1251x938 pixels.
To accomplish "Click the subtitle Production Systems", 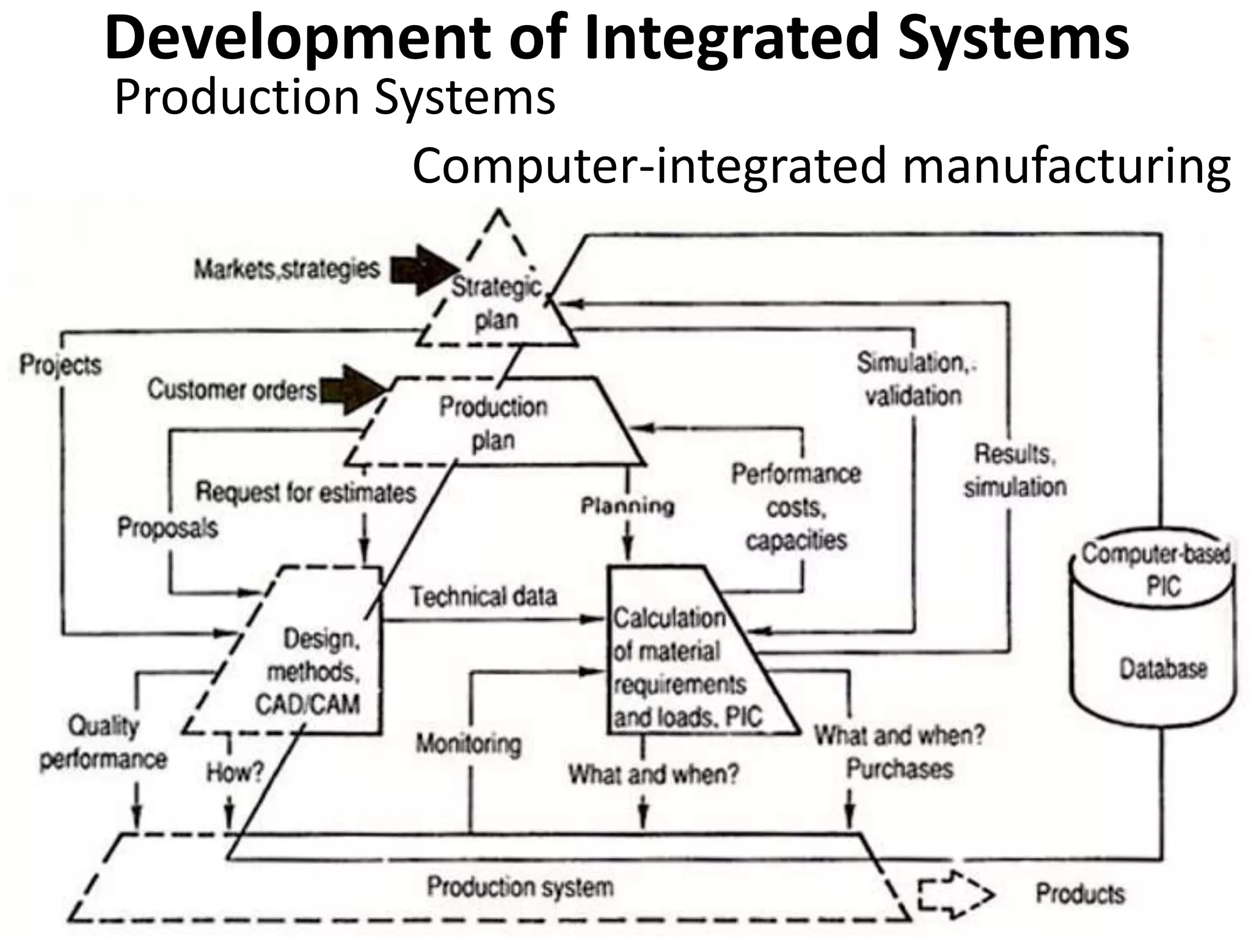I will (x=335, y=98).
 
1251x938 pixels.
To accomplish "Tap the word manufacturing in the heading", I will (x=1066, y=166).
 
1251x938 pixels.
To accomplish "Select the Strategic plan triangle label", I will (x=496, y=303).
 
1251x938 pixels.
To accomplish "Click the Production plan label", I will (x=493, y=423).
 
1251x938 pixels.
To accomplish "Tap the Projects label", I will (x=60, y=365).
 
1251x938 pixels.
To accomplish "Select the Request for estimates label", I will (x=305, y=492).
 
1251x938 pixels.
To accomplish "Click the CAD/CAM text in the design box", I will (x=307, y=704).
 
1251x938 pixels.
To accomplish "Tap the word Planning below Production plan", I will (x=627, y=506).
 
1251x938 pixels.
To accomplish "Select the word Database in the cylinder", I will (x=1163, y=669).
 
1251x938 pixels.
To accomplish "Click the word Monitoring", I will (x=469, y=744).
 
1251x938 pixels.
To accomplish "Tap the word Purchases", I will (x=899, y=769).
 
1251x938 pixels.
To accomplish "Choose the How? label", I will (x=235, y=773).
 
